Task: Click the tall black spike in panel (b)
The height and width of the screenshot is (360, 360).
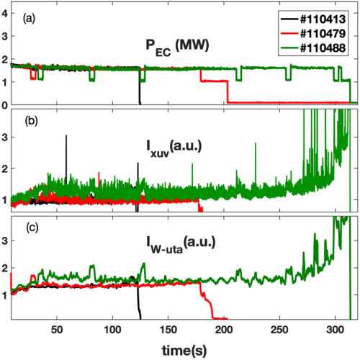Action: pyautogui.click(x=66, y=137)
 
